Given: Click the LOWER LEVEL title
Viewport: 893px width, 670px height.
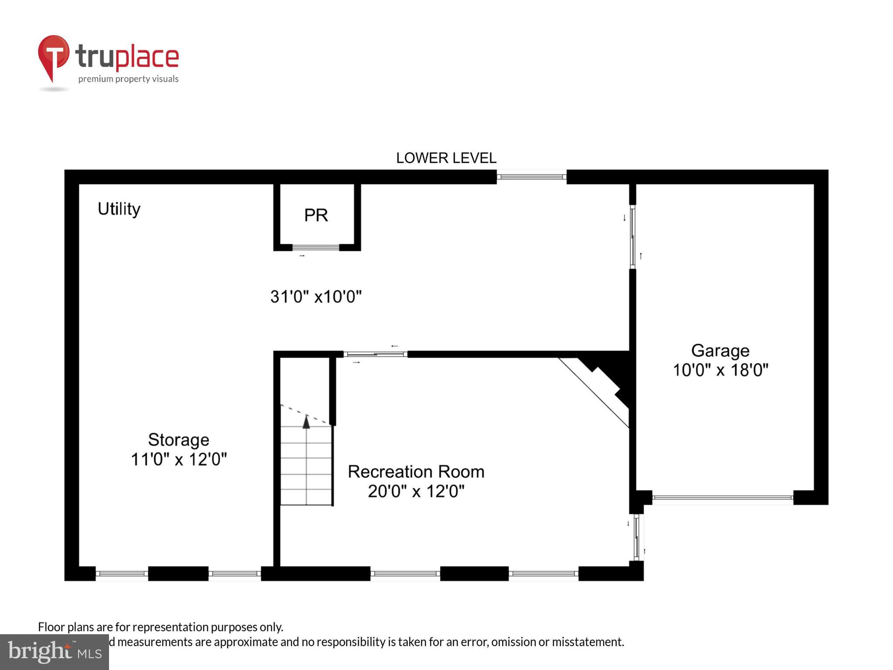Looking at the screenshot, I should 446,158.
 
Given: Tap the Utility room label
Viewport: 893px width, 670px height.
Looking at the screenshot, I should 119,209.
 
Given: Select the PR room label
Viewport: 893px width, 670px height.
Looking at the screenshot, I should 316,215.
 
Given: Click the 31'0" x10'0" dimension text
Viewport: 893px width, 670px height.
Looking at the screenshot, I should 316,297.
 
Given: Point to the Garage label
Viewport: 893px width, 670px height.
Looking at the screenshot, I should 720,351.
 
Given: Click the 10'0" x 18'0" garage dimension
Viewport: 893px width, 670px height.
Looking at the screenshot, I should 720,370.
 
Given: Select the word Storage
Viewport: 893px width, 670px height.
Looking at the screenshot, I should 178,440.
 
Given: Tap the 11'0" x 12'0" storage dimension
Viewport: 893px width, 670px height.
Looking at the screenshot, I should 179,459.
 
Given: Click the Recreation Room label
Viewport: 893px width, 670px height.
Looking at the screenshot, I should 416,472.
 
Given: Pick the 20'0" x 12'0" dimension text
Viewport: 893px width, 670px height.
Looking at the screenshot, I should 416,492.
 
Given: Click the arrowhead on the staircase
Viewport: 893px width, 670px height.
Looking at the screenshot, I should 306,422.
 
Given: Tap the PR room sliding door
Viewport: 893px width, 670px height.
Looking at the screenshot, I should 316,247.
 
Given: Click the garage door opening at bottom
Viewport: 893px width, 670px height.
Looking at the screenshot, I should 722,497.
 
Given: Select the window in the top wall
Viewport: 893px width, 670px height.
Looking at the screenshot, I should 531,177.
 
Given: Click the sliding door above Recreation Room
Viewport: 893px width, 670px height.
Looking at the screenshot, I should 375,354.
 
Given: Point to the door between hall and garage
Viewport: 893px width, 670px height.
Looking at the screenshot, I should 633,236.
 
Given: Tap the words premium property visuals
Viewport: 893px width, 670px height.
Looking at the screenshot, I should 128,79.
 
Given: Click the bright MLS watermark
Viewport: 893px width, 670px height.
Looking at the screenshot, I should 54,652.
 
